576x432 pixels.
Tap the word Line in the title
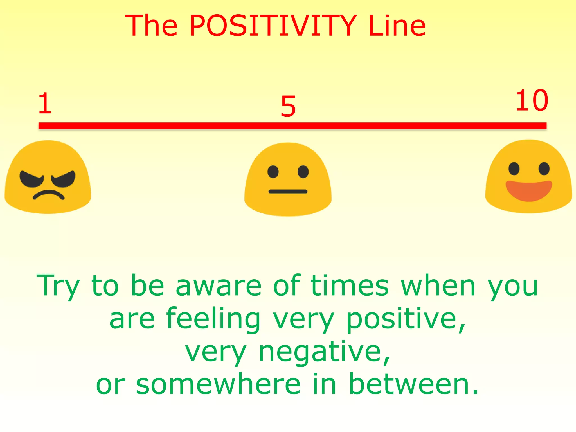pyautogui.click(x=397, y=26)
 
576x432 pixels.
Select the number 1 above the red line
pyautogui.click(x=45, y=103)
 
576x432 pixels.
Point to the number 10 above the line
pyautogui.click(x=532, y=100)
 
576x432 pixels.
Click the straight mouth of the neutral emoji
pyautogui.click(x=288, y=192)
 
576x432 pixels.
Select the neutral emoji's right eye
pyautogui.click(x=303, y=172)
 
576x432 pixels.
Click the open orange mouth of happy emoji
pyautogui.click(x=529, y=190)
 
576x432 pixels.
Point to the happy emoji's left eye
pyautogui.click(x=514, y=168)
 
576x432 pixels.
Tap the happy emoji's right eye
pyautogui.click(x=544, y=168)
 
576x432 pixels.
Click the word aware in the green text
pyautogui.click(x=219, y=286)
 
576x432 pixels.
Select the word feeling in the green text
pyautogui.click(x=213, y=319)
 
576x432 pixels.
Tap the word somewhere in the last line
pyautogui.click(x=218, y=384)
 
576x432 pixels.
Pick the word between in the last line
pyautogui.click(x=413, y=384)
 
